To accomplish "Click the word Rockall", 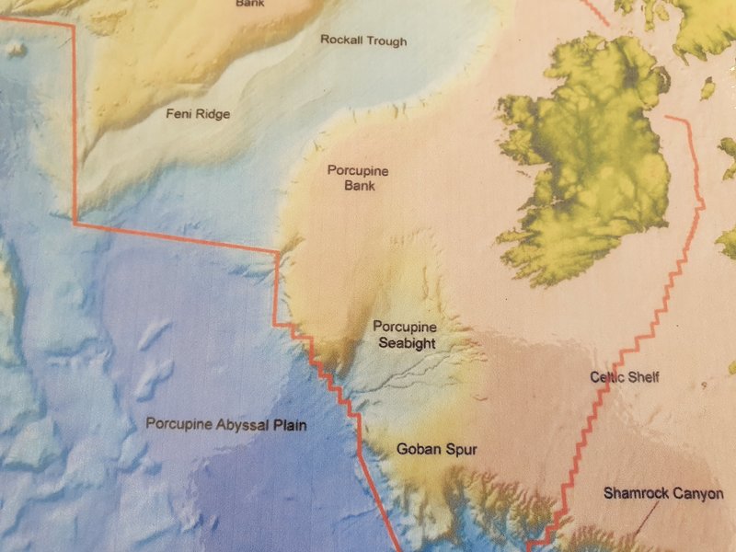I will pyautogui.click(x=340, y=40).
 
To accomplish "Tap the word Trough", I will pyautogui.click(x=386, y=41).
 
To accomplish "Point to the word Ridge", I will pyautogui.click(x=213, y=114).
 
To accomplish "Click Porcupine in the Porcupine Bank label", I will pyautogui.click(x=358, y=171).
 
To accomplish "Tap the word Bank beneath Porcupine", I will pyautogui.click(x=359, y=186).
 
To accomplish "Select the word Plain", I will pyautogui.click(x=286, y=425).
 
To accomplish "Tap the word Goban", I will pyautogui.click(x=417, y=450).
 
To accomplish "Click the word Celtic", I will pyautogui.click(x=609, y=377).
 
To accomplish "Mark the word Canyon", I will pyautogui.click(x=697, y=494).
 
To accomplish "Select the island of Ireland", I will pyautogui.click(x=589, y=166).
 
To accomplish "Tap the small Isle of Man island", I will pyautogui.click(x=707, y=89).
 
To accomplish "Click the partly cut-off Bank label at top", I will pyautogui.click(x=248, y=4).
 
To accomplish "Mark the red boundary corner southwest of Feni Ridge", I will pyautogui.click(x=74, y=222).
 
